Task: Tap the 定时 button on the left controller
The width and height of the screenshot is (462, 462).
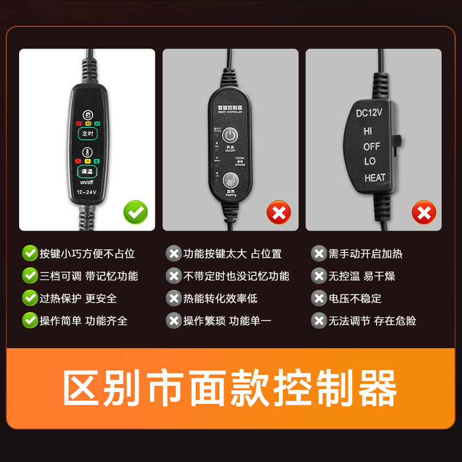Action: point(88,133)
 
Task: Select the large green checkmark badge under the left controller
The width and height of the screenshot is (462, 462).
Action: point(136,213)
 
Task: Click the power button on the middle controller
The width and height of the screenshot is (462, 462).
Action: point(230,136)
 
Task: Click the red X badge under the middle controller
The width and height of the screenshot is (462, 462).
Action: point(279,213)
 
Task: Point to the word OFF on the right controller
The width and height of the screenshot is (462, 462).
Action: point(371,147)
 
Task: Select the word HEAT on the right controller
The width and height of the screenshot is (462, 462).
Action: point(375,178)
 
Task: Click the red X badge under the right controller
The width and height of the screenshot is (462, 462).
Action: point(423,213)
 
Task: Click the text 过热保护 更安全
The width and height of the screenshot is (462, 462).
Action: point(78,299)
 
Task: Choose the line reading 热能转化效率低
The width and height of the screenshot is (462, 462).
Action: point(220,299)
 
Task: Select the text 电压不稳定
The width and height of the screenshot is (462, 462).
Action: point(355,299)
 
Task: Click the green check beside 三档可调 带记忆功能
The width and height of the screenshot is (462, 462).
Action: point(29,276)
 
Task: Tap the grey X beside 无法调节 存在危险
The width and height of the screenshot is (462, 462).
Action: point(319,321)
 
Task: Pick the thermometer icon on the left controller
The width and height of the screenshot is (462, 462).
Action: point(88,153)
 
